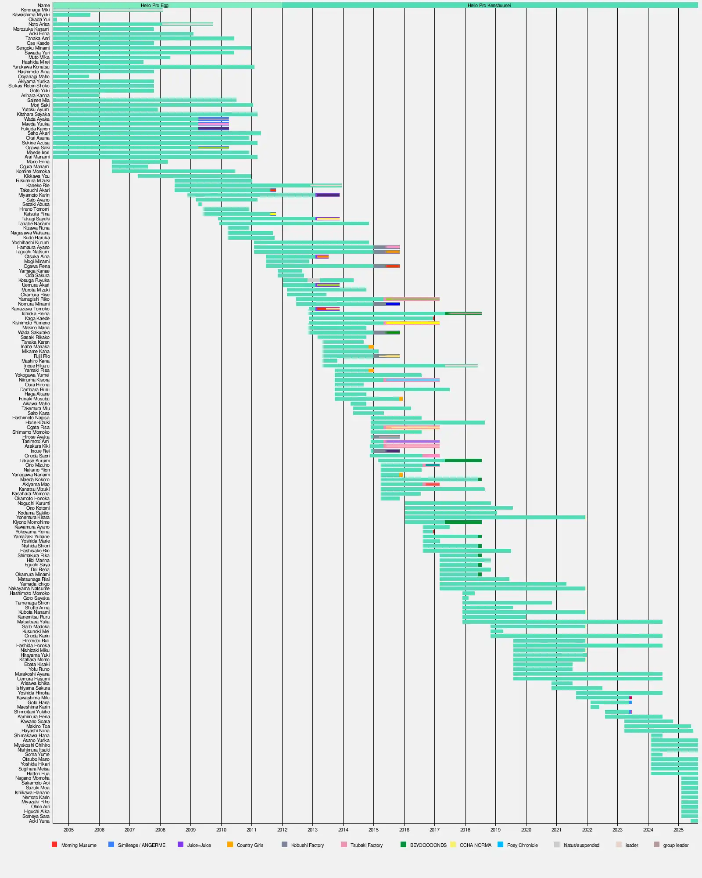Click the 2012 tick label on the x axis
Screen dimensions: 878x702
(x=282, y=830)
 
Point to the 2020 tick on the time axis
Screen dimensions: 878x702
(x=526, y=830)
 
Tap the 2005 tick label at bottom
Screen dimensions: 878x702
(x=68, y=830)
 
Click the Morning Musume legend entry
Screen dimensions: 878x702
(x=79, y=845)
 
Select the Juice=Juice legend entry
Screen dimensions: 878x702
(x=199, y=845)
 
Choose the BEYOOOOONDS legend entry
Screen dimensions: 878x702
(x=428, y=845)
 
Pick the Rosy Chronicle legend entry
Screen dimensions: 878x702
(x=522, y=845)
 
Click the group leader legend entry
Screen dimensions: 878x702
(x=676, y=845)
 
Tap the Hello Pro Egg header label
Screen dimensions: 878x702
(x=154, y=5)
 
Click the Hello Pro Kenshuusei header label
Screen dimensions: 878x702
(x=489, y=5)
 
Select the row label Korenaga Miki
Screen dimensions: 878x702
(x=35, y=10)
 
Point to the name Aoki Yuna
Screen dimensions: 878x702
(x=39, y=821)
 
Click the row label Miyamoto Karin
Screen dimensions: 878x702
(x=34, y=195)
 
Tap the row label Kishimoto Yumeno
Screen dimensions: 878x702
(x=31, y=323)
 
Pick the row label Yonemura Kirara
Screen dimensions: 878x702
(x=33, y=517)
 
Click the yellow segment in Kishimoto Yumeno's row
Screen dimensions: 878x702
(x=412, y=323)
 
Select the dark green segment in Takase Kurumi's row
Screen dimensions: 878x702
(x=463, y=461)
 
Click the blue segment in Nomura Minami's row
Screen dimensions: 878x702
(x=393, y=304)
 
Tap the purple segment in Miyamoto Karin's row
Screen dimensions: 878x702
(x=328, y=195)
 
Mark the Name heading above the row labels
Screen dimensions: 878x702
(x=44, y=5)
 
